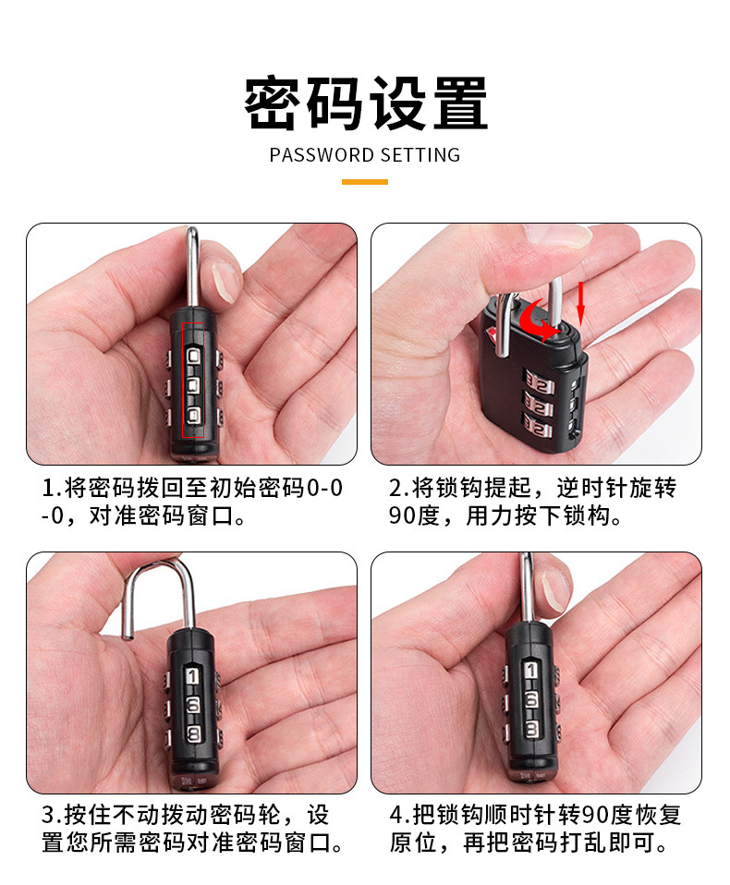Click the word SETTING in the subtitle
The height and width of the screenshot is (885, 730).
pyautogui.click(x=420, y=155)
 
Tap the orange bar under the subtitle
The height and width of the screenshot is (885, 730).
pyautogui.click(x=364, y=182)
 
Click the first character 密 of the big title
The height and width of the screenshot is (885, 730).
pyautogui.click(x=274, y=103)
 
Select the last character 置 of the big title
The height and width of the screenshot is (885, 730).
pyautogui.click(x=457, y=103)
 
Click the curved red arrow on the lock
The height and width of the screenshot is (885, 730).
pyautogui.click(x=539, y=322)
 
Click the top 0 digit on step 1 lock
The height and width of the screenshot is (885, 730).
pyautogui.click(x=193, y=358)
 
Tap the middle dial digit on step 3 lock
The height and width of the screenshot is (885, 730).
pyautogui.click(x=193, y=706)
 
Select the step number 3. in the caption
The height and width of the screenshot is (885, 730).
pyautogui.click(x=51, y=816)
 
